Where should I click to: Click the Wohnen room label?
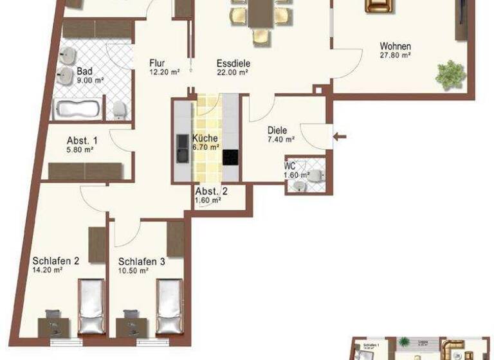(395, 46)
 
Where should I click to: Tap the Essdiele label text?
(233, 63)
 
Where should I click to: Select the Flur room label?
(158, 63)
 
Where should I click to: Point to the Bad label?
(84, 71)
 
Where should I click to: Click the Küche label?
(205, 138)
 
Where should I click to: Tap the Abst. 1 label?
(82, 141)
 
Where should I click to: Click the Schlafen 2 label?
(55, 261)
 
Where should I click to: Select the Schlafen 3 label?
(141, 261)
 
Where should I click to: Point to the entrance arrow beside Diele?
(341, 136)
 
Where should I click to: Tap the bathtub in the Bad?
(77, 109)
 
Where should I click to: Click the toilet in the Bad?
(118, 111)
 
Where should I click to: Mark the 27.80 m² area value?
(396, 56)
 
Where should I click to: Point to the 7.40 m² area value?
(281, 139)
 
